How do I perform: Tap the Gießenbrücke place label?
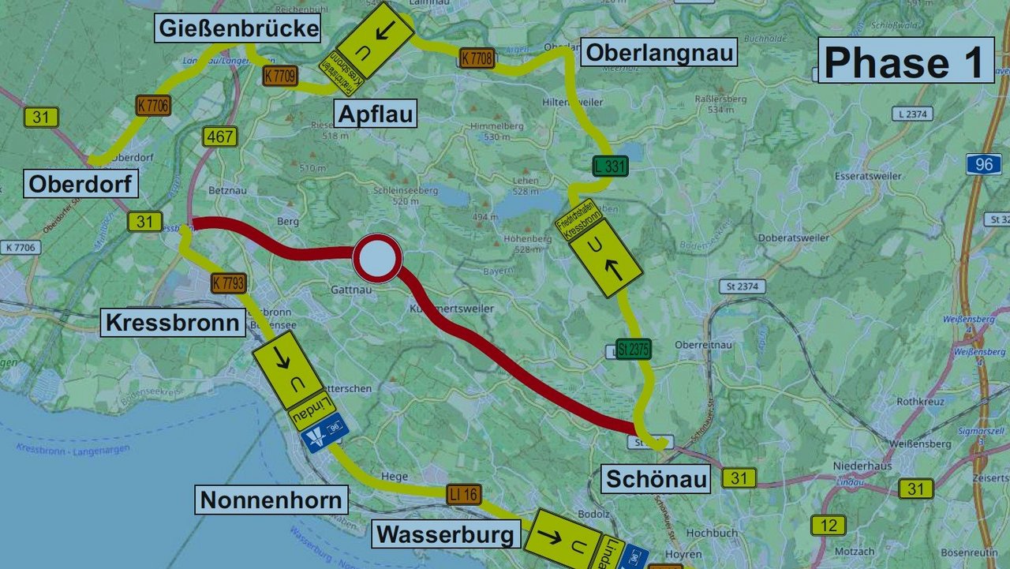tap(239, 29)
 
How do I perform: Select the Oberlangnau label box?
tap(659, 53)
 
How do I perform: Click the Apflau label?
tap(376, 114)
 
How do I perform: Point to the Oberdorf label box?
tap(80, 184)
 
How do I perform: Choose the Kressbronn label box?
tap(173, 323)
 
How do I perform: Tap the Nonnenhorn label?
tap(271, 500)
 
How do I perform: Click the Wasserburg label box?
tap(446, 535)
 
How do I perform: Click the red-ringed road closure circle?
tap(377, 257)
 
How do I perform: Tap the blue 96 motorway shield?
tap(983, 164)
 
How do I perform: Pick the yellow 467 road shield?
tap(219, 137)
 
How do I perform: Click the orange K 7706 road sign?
tap(153, 105)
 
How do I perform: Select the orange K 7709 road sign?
tap(279, 76)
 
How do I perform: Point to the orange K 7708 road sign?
tap(477, 57)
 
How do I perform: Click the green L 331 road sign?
tap(611, 167)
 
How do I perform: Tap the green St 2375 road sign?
tap(634, 349)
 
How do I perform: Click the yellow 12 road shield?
tap(828, 525)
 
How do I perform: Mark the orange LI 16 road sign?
tap(463, 495)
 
